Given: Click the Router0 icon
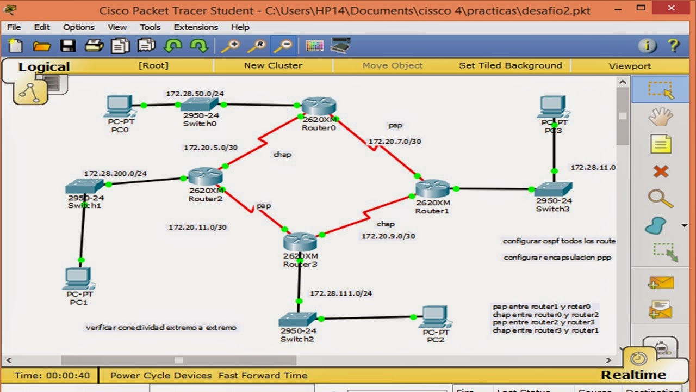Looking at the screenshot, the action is (319, 106).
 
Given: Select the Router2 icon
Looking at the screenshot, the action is (206, 176).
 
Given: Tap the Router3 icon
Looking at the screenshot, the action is (300, 242).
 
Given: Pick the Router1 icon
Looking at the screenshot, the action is (433, 188).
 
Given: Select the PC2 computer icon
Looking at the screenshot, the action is (435, 316).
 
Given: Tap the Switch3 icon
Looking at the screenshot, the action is (553, 189).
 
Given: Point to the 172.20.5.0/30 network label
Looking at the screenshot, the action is (210, 148).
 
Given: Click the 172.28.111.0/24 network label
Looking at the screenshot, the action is (341, 293).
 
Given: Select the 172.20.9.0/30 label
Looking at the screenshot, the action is (388, 236).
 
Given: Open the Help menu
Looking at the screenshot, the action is (240, 27).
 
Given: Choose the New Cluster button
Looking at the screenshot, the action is (273, 65).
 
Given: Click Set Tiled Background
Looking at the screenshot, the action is (510, 65).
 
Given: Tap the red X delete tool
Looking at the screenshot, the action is (661, 172).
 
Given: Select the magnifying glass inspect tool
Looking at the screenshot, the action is (660, 199).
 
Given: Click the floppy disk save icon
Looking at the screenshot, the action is (68, 46).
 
